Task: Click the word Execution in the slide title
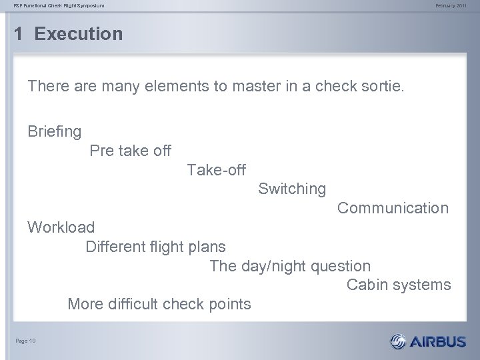79,34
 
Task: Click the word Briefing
55,131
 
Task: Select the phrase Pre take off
130,151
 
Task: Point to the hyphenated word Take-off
216,170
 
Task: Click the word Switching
292,189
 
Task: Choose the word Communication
393,208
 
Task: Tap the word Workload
61,227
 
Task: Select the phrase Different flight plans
155,247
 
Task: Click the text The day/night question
290,266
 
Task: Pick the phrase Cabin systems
399,285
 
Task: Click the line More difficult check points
159,305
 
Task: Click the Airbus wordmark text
438,342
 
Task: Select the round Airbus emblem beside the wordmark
397,342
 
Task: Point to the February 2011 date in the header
451,6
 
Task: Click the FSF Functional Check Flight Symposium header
62,6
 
